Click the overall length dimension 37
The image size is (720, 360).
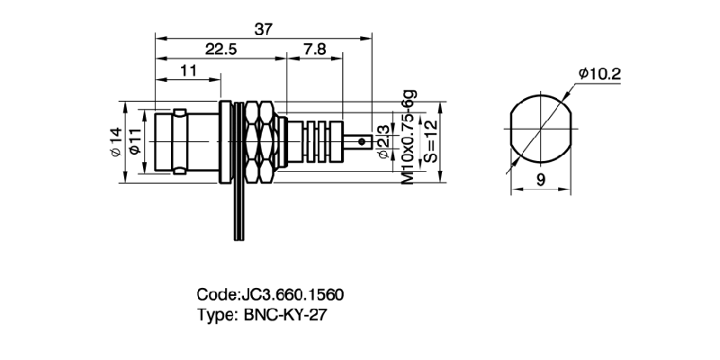[263, 29]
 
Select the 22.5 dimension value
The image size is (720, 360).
[220, 49]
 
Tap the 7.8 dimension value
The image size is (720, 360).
[315, 49]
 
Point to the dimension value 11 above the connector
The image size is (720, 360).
[189, 70]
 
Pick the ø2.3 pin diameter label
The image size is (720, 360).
[384, 142]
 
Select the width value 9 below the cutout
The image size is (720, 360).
[540, 180]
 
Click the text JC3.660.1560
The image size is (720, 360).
[291, 295]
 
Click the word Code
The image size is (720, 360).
[215, 295]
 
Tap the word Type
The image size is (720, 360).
[215, 315]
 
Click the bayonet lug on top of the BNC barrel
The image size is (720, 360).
[181, 112]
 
